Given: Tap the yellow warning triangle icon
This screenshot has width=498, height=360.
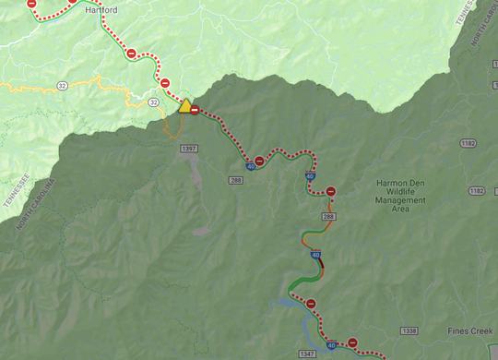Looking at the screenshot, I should [x=184, y=105].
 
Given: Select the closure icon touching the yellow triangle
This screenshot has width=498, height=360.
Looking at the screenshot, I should [x=195, y=110].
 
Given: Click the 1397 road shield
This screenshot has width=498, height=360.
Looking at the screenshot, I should [x=190, y=148].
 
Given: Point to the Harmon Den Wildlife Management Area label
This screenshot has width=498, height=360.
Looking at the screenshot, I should [x=400, y=196].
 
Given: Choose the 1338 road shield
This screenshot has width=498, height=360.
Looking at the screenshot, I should [x=410, y=330].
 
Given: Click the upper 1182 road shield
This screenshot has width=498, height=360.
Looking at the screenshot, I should [x=468, y=143].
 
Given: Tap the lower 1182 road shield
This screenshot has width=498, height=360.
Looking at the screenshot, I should [x=476, y=190].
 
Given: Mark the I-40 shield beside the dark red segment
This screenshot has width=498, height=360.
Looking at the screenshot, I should [x=315, y=255].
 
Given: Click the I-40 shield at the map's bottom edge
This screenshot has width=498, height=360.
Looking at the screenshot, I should [x=330, y=345].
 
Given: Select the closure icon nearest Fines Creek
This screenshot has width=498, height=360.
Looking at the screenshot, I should [x=352, y=342].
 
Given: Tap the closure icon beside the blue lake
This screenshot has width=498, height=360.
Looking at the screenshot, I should [x=312, y=304].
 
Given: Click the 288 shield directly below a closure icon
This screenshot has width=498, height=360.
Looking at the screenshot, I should [x=329, y=217].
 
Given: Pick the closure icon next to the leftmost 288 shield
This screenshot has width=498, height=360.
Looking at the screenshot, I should [x=259, y=161].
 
